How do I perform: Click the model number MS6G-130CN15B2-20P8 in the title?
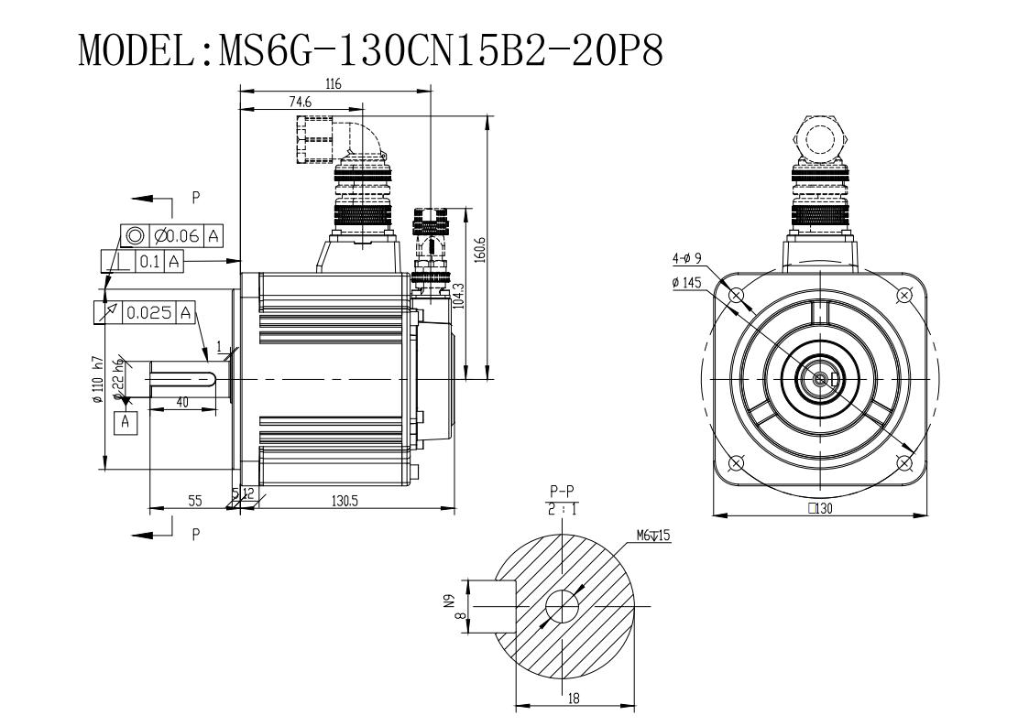pyautogui.click(x=440, y=49)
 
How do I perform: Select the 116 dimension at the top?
pyautogui.click(x=334, y=84)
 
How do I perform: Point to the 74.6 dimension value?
pyautogui.click(x=300, y=102)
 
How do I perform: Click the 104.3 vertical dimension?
pyautogui.click(x=459, y=295)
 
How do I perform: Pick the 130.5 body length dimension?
pyautogui.click(x=345, y=501)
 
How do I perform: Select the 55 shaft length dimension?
pyautogui.click(x=195, y=501)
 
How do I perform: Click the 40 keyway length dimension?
pyautogui.click(x=183, y=402)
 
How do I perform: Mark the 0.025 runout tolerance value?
pyautogui.click(x=149, y=313)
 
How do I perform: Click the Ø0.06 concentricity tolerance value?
pyautogui.click(x=177, y=235)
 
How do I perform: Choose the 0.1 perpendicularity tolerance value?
pyautogui.click(x=149, y=262)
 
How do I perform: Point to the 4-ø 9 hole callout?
pyautogui.click(x=687, y=258)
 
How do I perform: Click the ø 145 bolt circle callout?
pyautogui.click(x=686, y=283)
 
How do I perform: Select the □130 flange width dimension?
pyautogui.click(x=820, y=507)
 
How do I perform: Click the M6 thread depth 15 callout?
pyautogui.click(x=653, y=536)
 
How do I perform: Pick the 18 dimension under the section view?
pyautogui.click(x=574, y=699)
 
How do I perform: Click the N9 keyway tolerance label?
pyautogui.click(x=450, y=601)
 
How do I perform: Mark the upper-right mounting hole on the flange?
pyautogui.click(x=905, y=295)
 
